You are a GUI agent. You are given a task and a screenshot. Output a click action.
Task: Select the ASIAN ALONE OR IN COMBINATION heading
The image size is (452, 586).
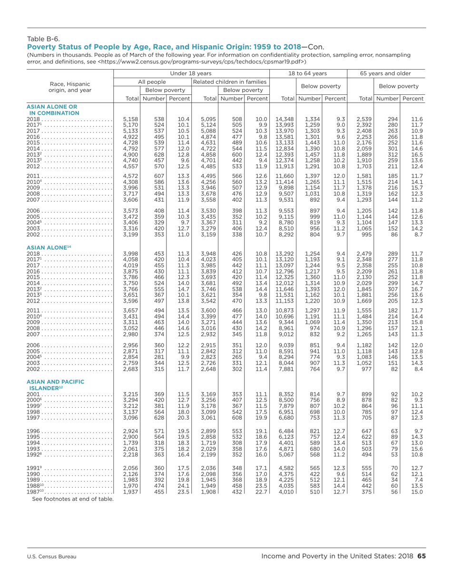[x=52, y=109]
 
